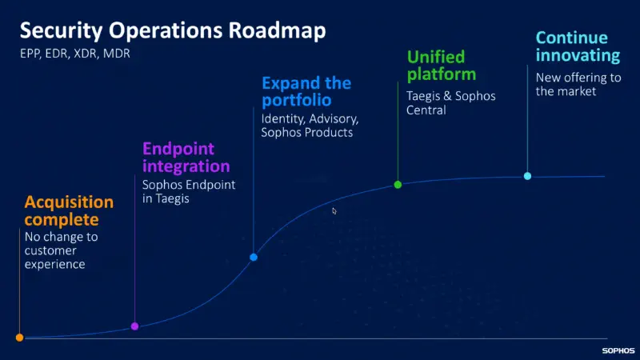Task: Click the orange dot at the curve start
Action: (x=19, y=338)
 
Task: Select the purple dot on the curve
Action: (x=134, y=326)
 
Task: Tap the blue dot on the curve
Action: (x=254, y=257)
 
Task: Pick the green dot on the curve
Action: (x=398, y=185)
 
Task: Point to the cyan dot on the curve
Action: (x=527, y=176)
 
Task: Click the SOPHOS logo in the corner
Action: (x=618, y=350)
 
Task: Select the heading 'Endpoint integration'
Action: (x=186, y=158)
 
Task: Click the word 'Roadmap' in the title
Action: (x=276, y=31)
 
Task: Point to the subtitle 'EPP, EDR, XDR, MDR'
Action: (x=74, y=54)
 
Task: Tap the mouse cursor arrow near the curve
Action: (x=334, y=210)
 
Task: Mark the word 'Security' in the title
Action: (x=58, y=31)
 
